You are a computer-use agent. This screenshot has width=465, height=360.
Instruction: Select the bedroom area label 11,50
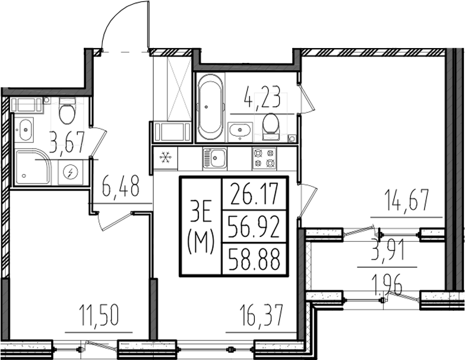click(x=99, y=315)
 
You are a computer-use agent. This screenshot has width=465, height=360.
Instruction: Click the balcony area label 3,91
click(x=387, y=251)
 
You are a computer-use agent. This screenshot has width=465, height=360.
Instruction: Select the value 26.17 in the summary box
click(x=254, y=194)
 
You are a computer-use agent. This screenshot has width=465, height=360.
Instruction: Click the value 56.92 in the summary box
click(x=254, y=226)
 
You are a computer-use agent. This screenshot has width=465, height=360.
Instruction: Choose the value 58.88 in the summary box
click(x=254, y=258)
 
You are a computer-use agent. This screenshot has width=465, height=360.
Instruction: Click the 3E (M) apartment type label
click(x=201, y=226)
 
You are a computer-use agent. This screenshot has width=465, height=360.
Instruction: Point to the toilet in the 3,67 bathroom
click(x=67, y=110)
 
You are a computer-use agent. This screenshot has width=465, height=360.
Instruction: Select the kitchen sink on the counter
click(x=214, y=158)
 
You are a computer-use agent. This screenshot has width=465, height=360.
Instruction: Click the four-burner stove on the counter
click(x=264, y=158)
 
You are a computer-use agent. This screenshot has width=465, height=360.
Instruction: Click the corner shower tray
click(x=33, y=168)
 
